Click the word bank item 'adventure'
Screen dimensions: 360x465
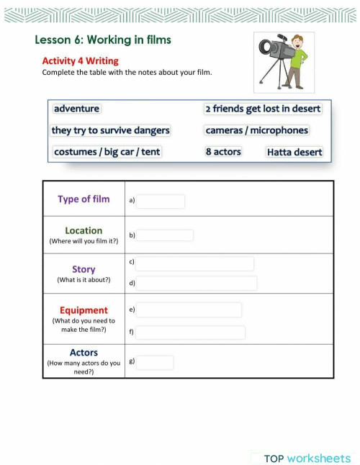[x=76, y=109]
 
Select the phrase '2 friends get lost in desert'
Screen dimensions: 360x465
[x=263, y=109]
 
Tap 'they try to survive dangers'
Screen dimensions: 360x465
[x=111, y=130]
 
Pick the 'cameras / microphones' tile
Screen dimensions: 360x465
[x=256, y=130]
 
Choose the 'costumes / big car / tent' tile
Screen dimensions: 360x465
[x=107, y=152]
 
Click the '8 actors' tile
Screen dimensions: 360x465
[x=223, y=152]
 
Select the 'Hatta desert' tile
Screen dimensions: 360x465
[x=294, y=152]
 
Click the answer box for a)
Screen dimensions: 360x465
[x=161, y=202]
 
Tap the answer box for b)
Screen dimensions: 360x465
[x=165, y=235]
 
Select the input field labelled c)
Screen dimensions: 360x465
[x=195, y=264]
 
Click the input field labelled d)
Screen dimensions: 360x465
[x=197, y=284]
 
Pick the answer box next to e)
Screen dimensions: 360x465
[x=189, y=310]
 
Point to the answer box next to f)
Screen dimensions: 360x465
[x=191, y=333]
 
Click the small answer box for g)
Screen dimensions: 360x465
[x=155, y=363]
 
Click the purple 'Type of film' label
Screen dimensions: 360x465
[x=84, y=199]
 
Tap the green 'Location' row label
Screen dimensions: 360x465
[x=84, y=231]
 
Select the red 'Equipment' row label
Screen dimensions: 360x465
[x=84, y=311]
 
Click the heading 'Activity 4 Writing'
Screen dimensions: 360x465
[x=80, y=61]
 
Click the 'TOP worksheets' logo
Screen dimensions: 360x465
[x=307, y=459]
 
